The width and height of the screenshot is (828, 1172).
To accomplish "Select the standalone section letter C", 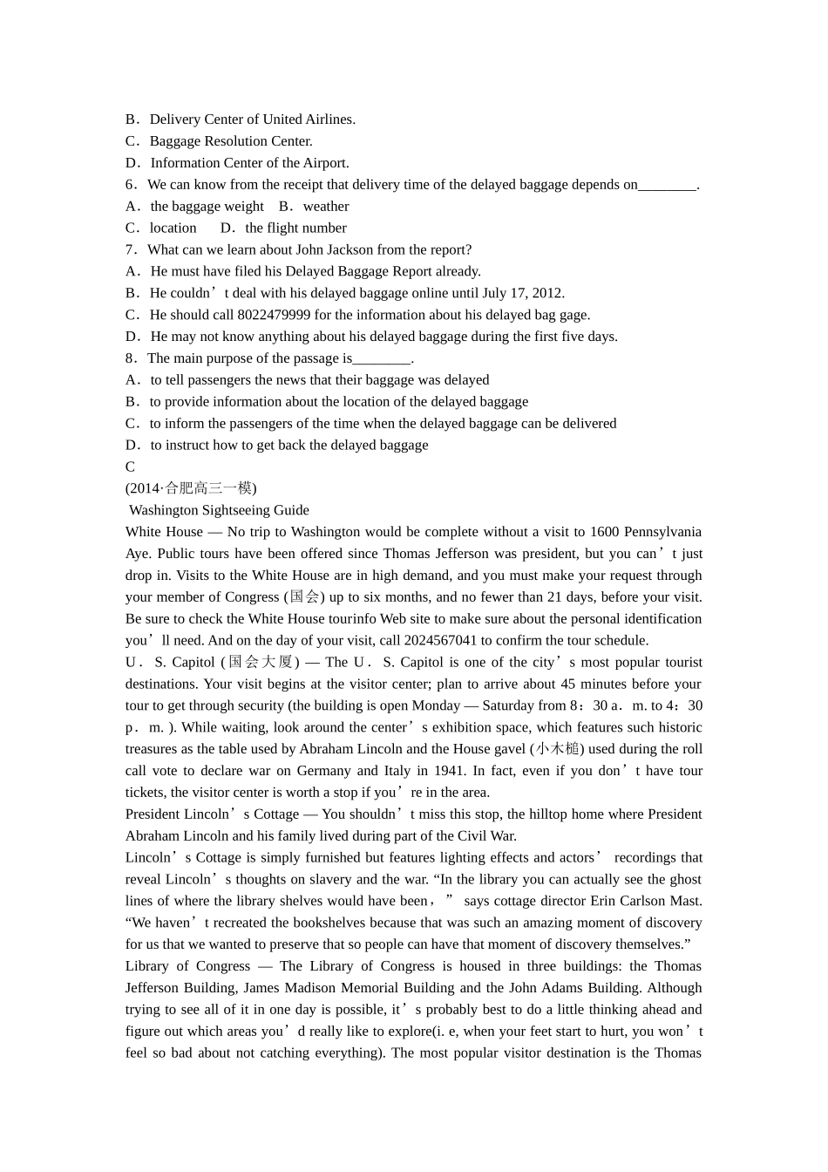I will pyautogui.click(x=130, y=467).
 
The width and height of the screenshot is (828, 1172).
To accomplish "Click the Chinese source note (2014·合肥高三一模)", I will pyautogui.click(x=191, y=488).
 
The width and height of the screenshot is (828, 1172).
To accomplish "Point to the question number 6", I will pyautogui.click(x=130, y=185).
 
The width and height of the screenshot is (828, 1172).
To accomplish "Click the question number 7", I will pyautogui.click(x=130, y=249).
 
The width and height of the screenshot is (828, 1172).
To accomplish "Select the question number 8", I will pyautogui.click(x=130, y=358).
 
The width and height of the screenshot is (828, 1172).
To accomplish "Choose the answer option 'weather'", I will pyautogui.click(x=326, y=207).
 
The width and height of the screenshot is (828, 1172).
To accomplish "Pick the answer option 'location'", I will pyautogui.click(x=173, y=228).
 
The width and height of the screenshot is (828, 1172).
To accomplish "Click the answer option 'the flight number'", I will pyautogui.click(x=295, y=228).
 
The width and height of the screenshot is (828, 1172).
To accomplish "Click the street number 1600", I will pyautogui.click(x=604, y=532).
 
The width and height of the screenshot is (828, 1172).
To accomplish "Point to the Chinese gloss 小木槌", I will pyautogui.click(x=558, y=749).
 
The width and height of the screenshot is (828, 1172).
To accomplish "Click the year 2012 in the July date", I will pyautogui.click(x=546, y=293).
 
